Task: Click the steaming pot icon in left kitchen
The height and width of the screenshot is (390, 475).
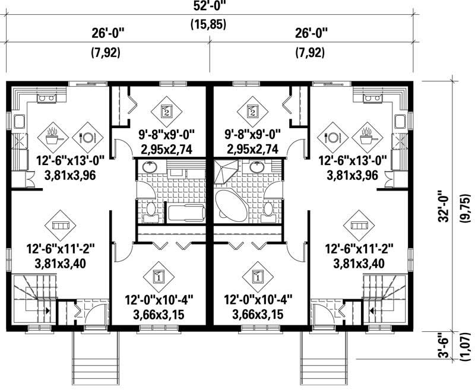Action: click(53, 136)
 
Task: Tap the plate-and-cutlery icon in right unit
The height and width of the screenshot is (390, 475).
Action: click(332, 136)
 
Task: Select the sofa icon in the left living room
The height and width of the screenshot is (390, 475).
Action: click(60, 226)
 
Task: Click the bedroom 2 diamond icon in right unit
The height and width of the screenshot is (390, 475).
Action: click(253, 110)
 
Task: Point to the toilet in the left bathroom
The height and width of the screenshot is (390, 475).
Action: click(150, 210)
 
